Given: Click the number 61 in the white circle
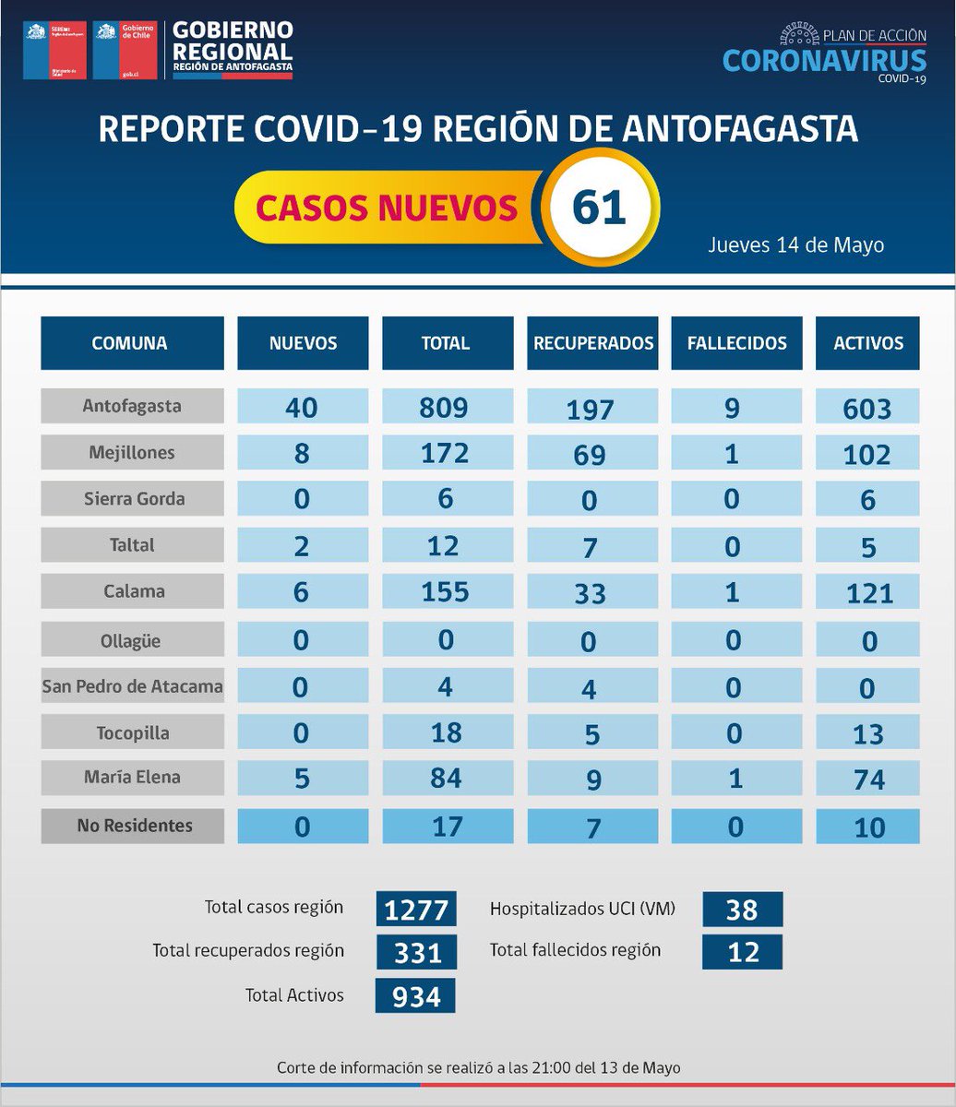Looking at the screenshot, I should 599,208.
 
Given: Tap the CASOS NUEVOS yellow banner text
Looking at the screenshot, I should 386,208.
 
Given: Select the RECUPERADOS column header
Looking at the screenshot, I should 593,343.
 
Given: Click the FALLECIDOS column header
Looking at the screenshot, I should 736,343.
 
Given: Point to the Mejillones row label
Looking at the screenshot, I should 132,453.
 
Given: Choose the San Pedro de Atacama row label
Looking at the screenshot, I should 132,686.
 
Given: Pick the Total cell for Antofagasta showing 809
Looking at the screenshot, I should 446,407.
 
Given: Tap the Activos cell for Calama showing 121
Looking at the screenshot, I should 868,592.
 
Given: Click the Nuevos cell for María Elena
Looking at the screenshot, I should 302,779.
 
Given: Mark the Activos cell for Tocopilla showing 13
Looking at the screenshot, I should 868,733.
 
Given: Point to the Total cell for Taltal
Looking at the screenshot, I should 446,546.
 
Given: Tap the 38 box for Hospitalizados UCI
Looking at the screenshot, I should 742,910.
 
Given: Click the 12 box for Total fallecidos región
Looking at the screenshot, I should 742,952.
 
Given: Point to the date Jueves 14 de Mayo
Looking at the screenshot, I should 795,245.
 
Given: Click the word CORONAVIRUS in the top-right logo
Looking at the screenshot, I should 824,60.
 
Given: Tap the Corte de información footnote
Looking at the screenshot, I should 478,1067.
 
